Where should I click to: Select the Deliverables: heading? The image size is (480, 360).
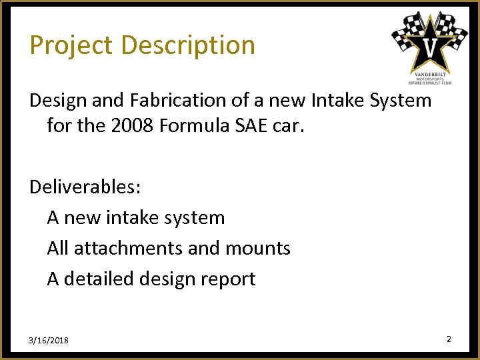click(85, 187)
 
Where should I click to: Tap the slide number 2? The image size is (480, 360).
click(449, 339)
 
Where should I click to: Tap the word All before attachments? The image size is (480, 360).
click(58, 248)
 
